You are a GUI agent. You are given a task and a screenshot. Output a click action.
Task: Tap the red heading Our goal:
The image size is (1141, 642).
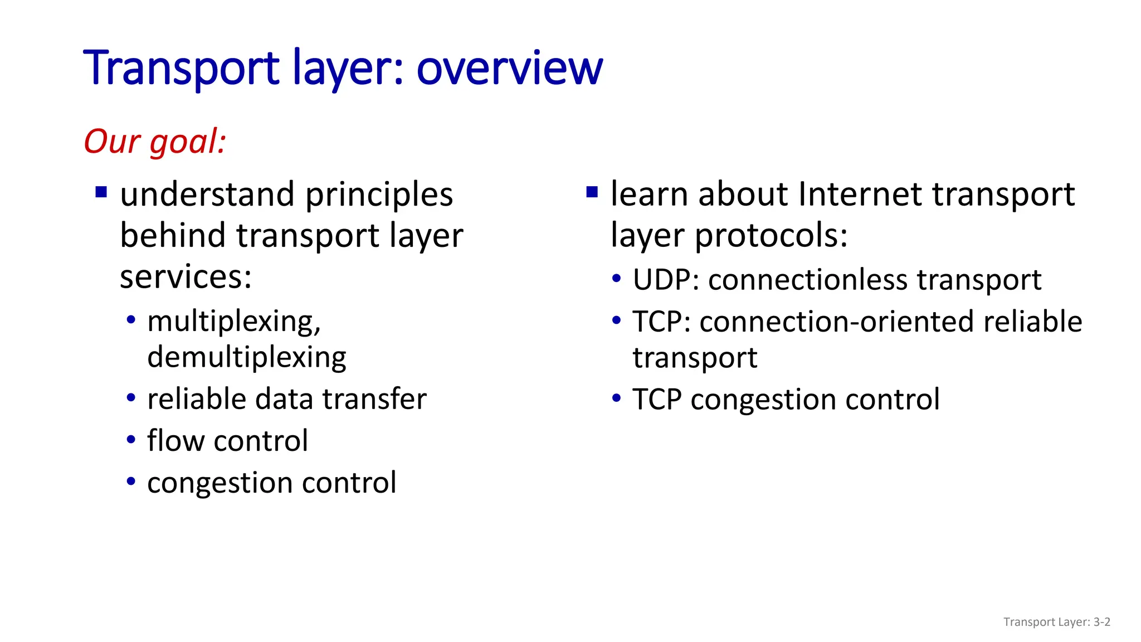(x=155, y=142)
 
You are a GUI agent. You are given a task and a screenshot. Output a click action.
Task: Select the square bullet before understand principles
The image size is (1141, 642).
(x=101, y=193)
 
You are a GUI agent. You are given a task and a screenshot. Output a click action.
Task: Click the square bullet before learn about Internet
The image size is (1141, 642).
(x=592, y=193)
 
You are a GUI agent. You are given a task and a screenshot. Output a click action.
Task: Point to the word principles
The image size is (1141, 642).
(x=379, y=195)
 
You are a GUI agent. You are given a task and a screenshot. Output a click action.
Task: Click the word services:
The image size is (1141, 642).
(x=186, y=277)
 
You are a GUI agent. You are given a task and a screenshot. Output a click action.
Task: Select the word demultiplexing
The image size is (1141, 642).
(x=246, y=357)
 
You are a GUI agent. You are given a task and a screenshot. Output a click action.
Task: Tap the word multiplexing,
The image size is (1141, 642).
(x=234, y=322)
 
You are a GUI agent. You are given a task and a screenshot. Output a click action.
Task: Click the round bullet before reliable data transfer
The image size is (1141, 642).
(x=131, y=398)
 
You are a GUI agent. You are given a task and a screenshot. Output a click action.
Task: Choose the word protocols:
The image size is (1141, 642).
(x=771, y=236)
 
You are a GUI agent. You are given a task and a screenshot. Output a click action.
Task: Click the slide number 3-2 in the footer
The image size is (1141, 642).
(x=1101, y=622)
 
